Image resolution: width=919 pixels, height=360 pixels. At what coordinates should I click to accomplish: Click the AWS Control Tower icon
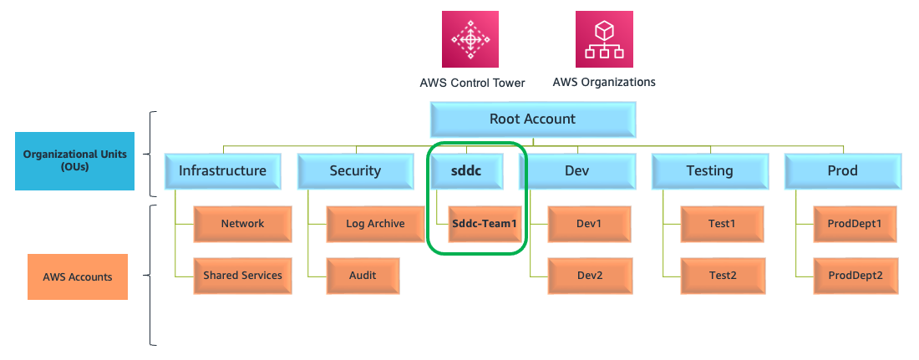[471, 38]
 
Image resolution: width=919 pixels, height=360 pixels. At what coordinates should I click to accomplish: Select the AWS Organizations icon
[604, 38]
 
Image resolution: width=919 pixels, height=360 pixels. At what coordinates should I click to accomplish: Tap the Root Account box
[532, 119]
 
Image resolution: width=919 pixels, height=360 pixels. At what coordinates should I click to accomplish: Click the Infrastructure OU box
[222, 171]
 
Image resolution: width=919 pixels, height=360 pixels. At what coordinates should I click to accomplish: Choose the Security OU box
[355, 171]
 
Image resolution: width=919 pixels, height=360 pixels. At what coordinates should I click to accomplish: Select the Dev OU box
[577, 171]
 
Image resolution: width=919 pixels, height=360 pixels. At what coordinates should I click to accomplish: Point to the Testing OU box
[709, 171]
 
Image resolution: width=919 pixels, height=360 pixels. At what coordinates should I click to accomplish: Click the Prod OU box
[843, 171]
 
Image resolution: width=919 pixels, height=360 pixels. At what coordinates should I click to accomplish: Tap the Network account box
[242, 224]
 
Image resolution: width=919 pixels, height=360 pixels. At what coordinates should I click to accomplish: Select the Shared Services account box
[242, 276]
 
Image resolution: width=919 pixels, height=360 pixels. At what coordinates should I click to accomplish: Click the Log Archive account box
[375, 224]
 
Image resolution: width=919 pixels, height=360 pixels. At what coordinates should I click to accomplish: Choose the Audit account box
[363, 276]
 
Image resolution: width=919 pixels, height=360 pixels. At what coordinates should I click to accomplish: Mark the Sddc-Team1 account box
[485, 224]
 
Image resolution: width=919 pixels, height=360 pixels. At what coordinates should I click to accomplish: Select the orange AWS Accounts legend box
[78, 276]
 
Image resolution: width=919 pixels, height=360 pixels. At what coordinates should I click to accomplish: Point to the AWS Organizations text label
[604, 82]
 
